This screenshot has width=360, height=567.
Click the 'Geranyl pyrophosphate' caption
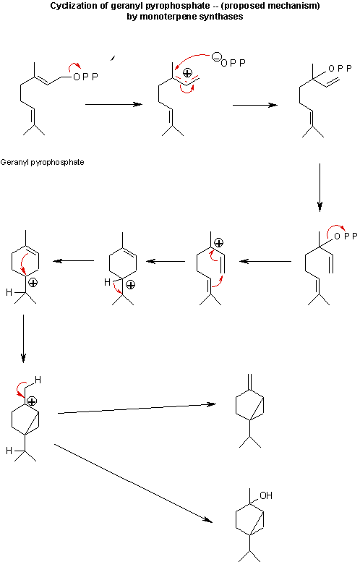tap(42, 162)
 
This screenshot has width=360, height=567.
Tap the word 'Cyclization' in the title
tap(68, 6)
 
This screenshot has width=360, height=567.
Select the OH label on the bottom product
tap(266, 495)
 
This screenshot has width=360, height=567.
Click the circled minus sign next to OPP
tap(215, 58)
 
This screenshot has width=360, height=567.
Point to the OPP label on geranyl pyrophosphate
tap(85, 77)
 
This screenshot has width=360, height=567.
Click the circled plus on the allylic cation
tap(187, 74)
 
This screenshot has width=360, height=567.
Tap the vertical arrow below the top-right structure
tap(320, 187)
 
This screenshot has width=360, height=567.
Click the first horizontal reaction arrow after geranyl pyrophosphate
tap(114, 104)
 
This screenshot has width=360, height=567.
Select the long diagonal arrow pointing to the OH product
tap(133, 483)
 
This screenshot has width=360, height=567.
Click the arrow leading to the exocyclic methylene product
tap(137, 409)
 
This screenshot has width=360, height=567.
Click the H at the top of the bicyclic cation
tap(38, 380)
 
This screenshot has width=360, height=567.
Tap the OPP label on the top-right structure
tap(340, 68)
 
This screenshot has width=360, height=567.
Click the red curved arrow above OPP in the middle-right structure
tap(335, 231)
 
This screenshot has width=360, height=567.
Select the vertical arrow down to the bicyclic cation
tap(23, 338)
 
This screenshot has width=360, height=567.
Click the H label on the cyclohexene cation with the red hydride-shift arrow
tap(107, 282)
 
